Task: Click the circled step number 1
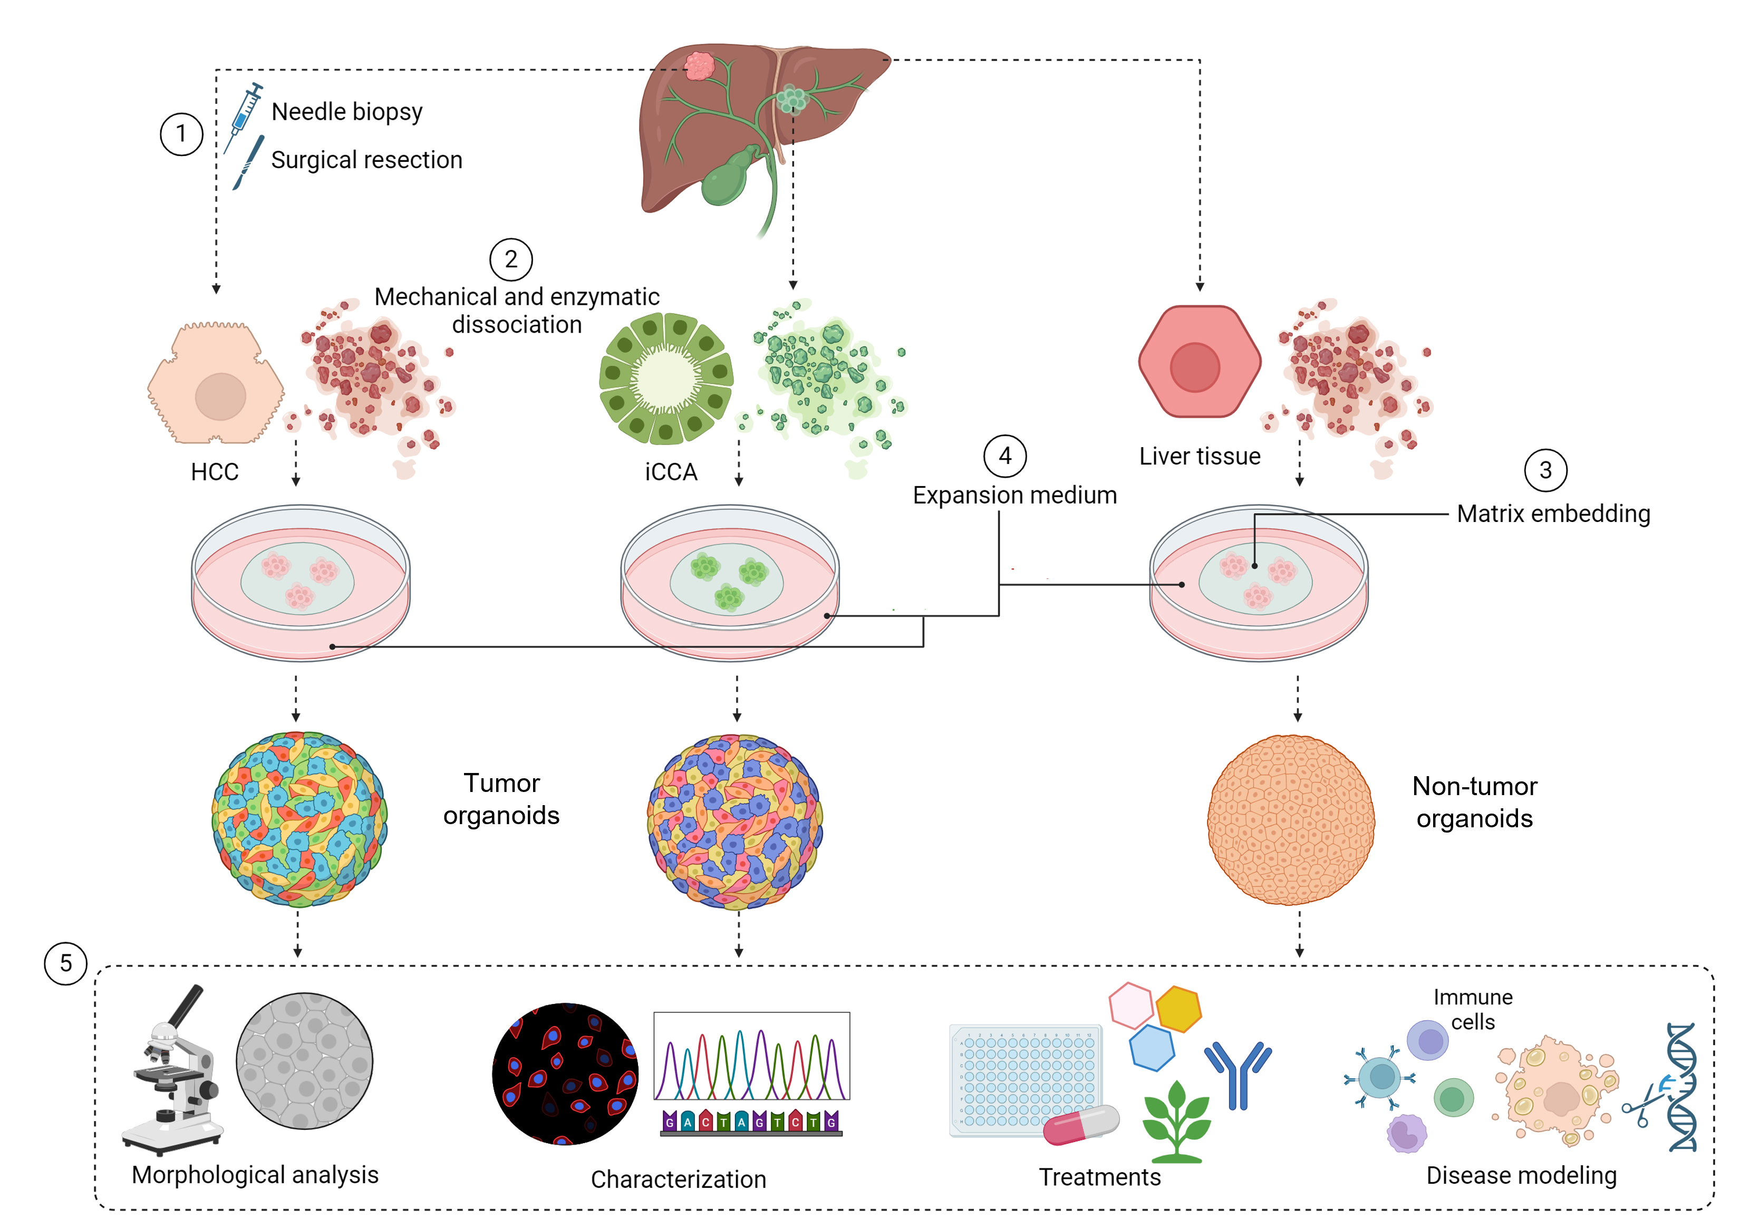181,134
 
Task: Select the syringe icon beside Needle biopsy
244,116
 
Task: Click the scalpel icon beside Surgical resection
248,162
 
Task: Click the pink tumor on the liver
699,66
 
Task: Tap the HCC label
215,472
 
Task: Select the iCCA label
671,472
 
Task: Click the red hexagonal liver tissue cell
1199,362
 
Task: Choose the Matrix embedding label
1553,514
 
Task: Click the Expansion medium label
1014,495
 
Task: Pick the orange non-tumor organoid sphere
1291,819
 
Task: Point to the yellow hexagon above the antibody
1178,1009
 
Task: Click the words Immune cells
1473,1009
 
